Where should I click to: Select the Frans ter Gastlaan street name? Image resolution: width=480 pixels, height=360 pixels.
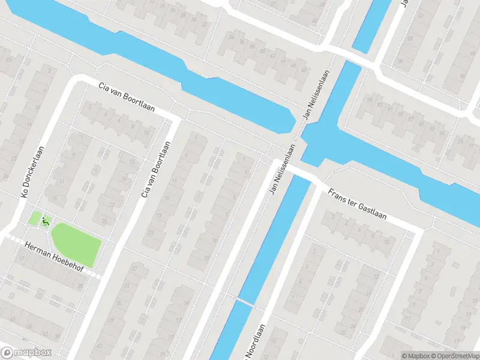(x=356, y=204)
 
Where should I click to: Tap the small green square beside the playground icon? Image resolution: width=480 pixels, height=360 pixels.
(x=35, y=218)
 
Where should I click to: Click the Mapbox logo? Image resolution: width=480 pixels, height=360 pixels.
(x=26, y=353)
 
